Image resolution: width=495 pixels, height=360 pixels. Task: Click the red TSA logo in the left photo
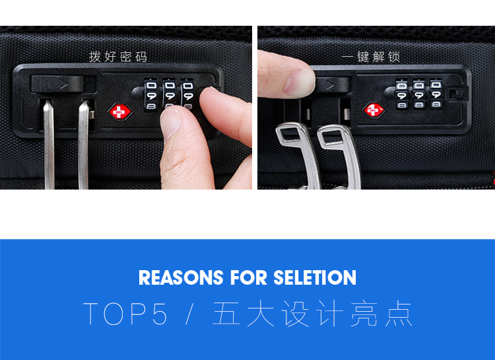[x=120, y=112]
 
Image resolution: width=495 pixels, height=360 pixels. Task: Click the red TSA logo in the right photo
[x=374, y=110]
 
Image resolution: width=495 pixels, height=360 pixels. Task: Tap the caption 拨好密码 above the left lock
[x=118, y=57]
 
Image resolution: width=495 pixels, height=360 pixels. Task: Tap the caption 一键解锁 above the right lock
[x=371, y=57]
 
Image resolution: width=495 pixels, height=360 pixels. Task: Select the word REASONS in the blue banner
[x=181, y=278]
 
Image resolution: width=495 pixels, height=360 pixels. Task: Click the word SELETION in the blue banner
[x=315, y=278]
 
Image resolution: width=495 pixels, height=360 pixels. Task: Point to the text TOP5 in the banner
[x=125, y=314]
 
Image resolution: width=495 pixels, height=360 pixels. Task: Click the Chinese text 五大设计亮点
[x=312, y=314]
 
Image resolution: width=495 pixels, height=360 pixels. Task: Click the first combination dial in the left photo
[x=151, y=95]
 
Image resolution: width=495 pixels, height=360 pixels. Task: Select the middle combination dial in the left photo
[x=169, y=94]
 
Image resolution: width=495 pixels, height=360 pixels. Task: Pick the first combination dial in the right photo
[x=401, y=94]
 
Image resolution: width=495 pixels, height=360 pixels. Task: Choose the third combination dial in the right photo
[x=436, y=94]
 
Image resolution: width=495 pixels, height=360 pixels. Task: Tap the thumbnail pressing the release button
[x=298, y=83]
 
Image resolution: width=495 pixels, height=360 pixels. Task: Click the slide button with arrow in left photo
[x=57, y=84]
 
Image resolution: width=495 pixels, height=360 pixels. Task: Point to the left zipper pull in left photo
[x=49, y=145]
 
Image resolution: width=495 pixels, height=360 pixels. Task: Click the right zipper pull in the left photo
[x=84, y=145]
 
